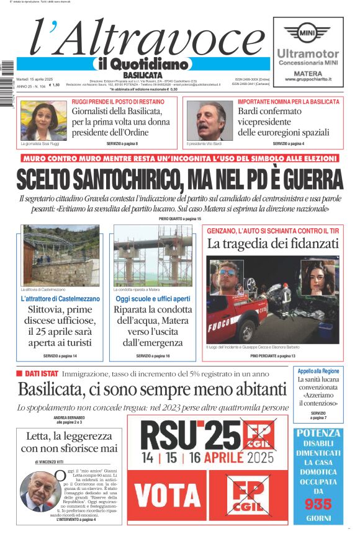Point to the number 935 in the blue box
(318, 504)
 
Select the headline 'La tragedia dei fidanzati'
(272, 243)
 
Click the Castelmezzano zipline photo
(60, 255)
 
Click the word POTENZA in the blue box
(318, 433)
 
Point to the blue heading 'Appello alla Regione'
(318, 370)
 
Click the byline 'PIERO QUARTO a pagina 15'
(179, 219)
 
